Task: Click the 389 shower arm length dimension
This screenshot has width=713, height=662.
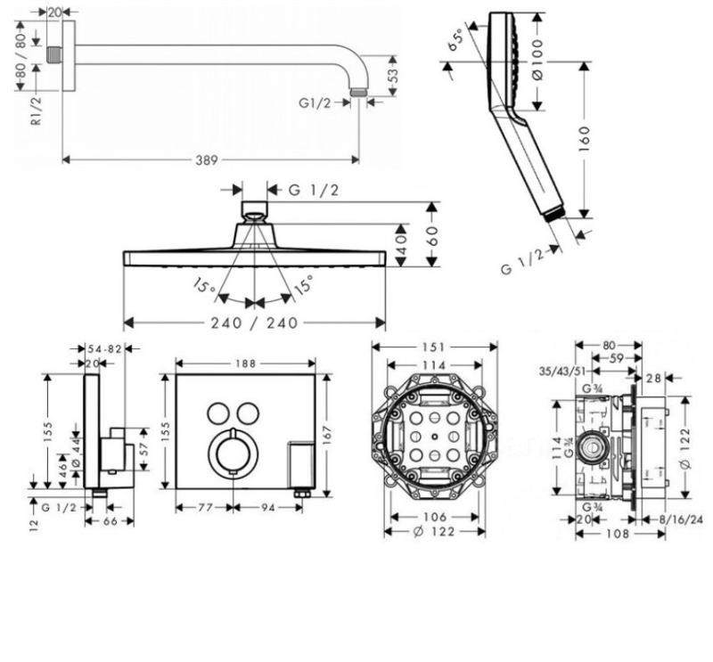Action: point(208,159)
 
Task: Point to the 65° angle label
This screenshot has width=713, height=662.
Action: point(457,39)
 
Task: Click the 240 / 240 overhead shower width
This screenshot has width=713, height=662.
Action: point(255,322)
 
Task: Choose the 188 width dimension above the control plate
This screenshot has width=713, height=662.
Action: point(246,363)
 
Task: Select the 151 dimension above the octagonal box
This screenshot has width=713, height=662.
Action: point(434,347)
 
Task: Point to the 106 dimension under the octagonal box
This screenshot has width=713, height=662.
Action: point(435,517)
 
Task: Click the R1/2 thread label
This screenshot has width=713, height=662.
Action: point(36,109)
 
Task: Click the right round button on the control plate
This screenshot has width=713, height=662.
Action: point(249,412)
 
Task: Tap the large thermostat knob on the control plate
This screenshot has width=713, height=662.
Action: point(234,455)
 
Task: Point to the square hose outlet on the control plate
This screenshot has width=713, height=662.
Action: point(300,462)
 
